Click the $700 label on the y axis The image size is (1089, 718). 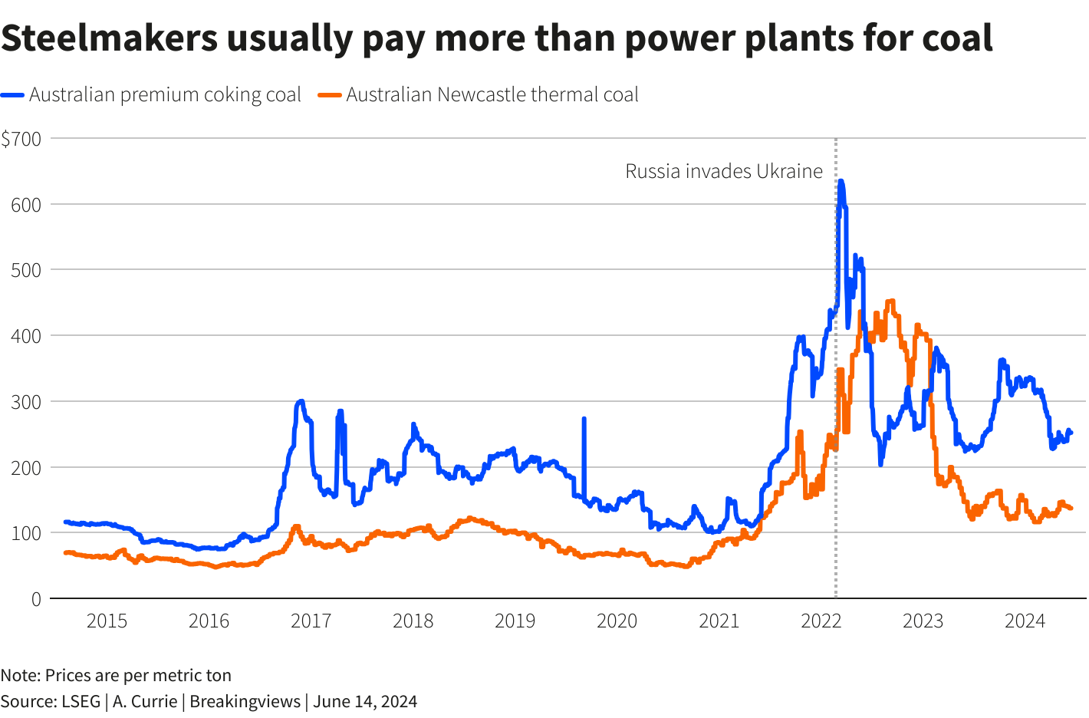[x=21, y=139]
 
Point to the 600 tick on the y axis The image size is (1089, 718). [x=26, y=205]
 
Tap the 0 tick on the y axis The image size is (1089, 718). [x=36, y=599]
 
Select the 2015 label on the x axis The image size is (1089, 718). [x=107, y=621]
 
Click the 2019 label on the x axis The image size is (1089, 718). [x=515, y=621]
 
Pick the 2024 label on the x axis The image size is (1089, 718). [x=1025, y=621]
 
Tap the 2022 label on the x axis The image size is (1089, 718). [x=821, y=621]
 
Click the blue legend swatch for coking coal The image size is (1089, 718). [x=13, y=95]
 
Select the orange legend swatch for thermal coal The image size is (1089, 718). [x=330, y=95]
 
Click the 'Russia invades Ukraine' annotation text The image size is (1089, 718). [x=723, y=171]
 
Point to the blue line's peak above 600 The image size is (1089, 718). [x=841, y=182]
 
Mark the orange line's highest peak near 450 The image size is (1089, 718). [x=890, y=301]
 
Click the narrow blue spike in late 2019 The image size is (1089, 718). [x=584, y=420]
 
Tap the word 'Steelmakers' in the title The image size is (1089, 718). [x=110, y=38]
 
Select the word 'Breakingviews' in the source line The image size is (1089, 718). [x=245, y=701]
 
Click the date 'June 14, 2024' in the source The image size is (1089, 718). [x=365, y=701]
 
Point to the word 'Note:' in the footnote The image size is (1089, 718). [x=20, y=676]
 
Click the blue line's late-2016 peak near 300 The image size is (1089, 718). [x=301, y=401]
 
